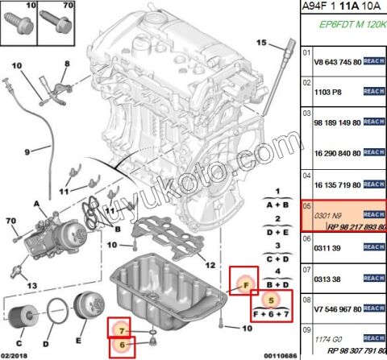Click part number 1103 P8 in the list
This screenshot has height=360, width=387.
[x=327, y=92]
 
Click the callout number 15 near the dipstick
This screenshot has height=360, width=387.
[x=261, y=42]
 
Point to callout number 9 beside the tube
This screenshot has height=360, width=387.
[x=27, y=151]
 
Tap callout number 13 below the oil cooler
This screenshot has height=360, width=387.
[x=31, y=285]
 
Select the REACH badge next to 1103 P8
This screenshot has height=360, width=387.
[x=374, y=92]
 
